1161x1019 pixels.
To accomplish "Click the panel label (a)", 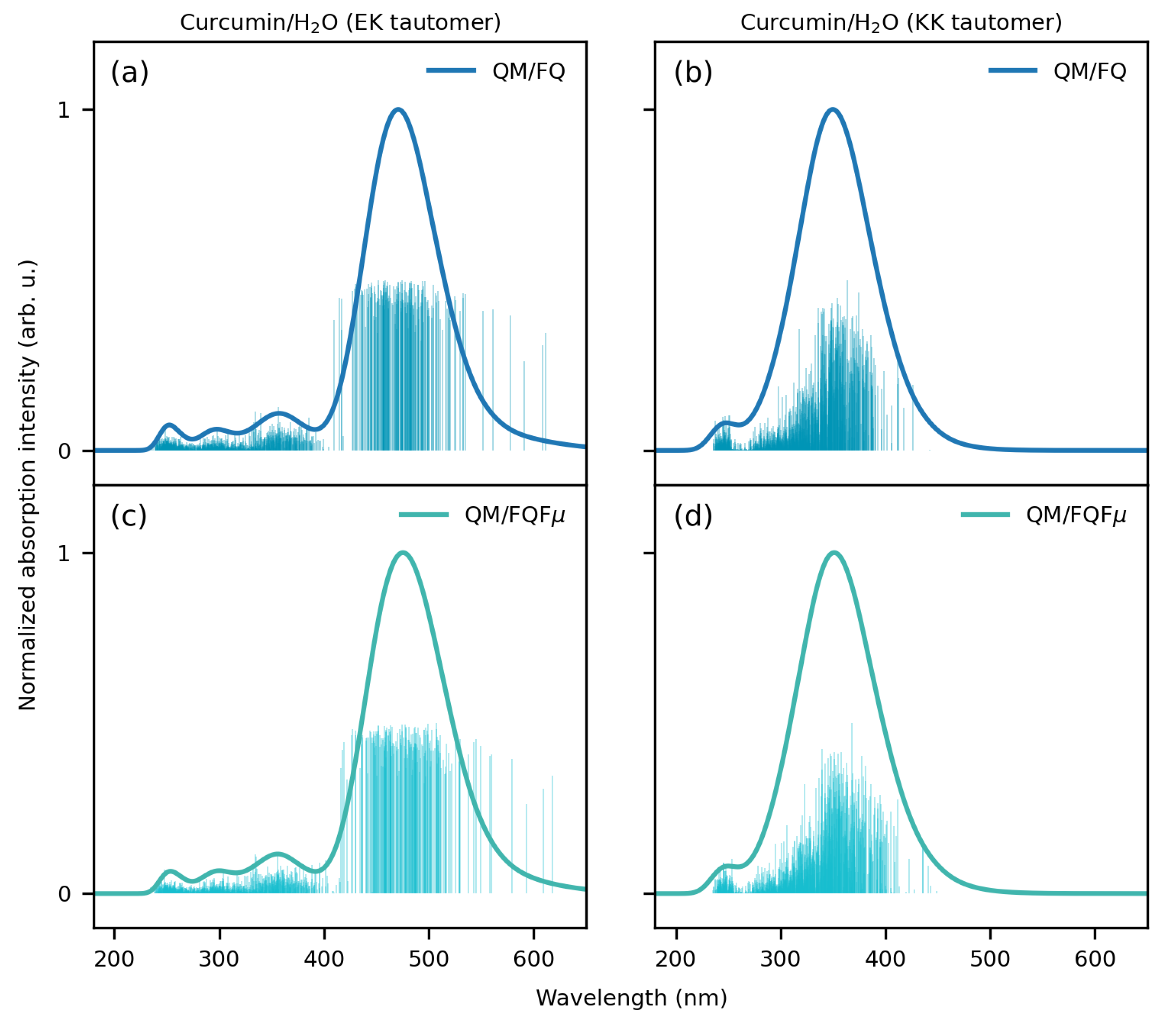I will [129, 73].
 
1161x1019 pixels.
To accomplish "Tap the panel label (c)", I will [129, 516].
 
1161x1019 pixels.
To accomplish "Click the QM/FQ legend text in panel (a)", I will [528, 72].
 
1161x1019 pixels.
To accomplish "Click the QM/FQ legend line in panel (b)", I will [1012, 70].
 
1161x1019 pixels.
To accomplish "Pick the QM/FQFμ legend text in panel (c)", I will [515, 515].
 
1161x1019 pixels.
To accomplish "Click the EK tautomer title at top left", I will [340, 23].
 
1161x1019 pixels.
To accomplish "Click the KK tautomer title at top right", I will [901, 23].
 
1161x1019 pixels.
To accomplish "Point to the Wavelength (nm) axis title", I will [631, 998].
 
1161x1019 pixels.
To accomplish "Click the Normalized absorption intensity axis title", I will [27, 485].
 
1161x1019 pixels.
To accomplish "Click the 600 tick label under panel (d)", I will [1095, 959].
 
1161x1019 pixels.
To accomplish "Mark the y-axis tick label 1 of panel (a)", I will [63, 110].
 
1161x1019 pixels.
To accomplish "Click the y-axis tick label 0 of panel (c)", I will [64, 894].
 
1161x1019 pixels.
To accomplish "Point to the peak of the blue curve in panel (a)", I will [399, 110].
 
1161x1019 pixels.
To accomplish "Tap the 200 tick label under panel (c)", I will [114, 959].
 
